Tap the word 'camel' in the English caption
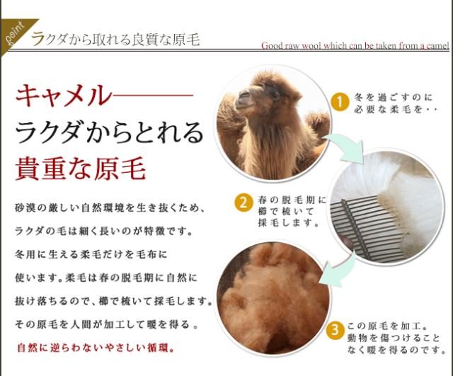coord(435,46)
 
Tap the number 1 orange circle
coord(340,103)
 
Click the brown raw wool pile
coord(273,297)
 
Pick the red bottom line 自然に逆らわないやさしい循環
coord(95,348)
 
